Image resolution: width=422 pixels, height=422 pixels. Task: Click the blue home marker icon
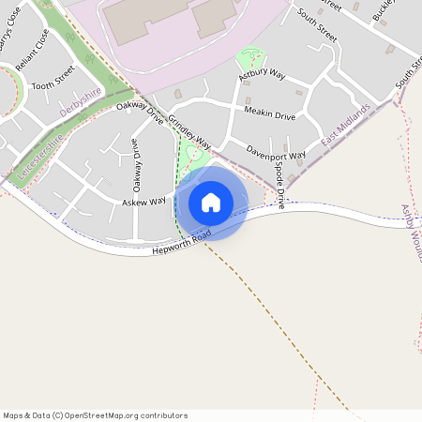(x=211, y=203)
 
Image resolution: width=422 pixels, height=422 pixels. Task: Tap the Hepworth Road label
(x=179, y=240)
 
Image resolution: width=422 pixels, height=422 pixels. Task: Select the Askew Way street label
(x=143, y=201)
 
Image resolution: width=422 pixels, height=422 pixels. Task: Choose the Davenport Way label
(x=276, y=152)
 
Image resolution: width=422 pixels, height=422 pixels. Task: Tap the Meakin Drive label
(x=269, y=116)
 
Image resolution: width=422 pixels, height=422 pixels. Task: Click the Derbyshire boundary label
(x=80, y=100)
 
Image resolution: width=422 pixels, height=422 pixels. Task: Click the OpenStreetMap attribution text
(x=95, y=414)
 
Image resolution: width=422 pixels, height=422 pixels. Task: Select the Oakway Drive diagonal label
(x=140, y=113)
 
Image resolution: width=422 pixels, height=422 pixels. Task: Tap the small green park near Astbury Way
(x=251, y=57)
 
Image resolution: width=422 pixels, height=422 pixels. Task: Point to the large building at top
(x=169, y=17)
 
